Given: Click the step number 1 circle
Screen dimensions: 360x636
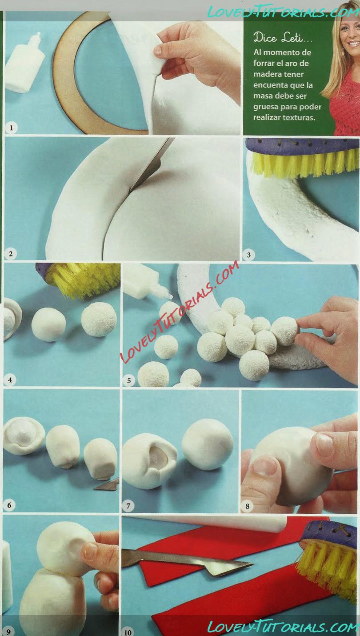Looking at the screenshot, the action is click(12, 128).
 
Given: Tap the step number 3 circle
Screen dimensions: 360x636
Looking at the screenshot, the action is click(249, 255).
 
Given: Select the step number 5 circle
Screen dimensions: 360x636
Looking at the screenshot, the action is click(128, 380).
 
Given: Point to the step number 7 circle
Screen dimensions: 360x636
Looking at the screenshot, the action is click(128, 506).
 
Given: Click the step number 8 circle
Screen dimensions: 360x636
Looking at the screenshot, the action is click(247, 506).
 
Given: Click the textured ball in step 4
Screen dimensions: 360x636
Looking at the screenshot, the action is click(99, 319).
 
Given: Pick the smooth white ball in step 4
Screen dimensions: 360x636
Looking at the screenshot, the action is click(49, 324).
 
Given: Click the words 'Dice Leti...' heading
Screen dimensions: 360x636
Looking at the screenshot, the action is click(282, 38).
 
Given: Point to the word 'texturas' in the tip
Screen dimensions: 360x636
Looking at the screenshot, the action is click(301, 117).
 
